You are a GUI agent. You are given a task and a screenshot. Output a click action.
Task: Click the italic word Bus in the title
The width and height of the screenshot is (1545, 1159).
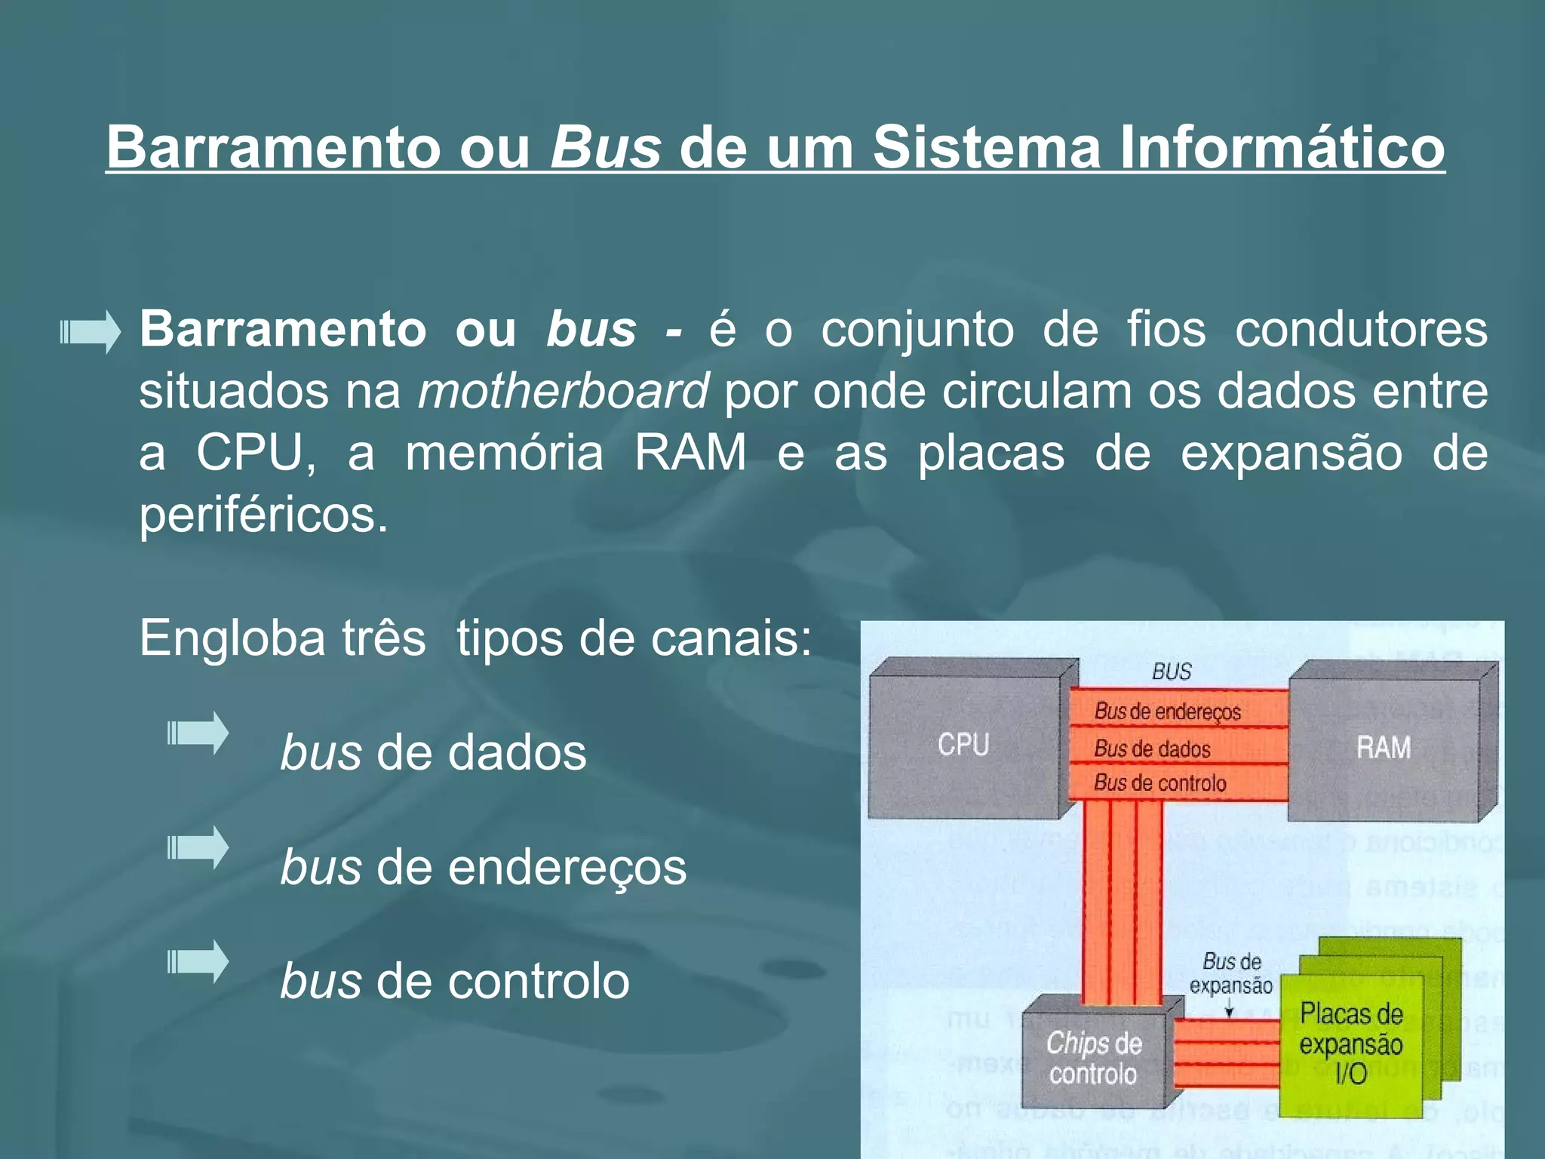tap(606, 146)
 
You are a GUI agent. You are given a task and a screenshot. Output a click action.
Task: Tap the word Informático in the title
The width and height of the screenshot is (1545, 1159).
tap(1282, 146)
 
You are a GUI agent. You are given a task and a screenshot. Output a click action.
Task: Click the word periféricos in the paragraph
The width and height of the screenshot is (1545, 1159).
tap(263, 515)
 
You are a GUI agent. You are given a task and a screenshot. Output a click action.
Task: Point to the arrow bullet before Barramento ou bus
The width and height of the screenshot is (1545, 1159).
tap(91, 331)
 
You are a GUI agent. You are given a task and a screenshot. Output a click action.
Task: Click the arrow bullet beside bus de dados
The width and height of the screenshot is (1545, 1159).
tap(198, 733)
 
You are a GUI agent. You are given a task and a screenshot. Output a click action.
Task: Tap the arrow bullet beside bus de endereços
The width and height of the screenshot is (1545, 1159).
tap(198, 847)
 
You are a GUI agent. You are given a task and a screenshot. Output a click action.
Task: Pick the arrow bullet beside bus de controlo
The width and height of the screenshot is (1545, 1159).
tap(198, 961)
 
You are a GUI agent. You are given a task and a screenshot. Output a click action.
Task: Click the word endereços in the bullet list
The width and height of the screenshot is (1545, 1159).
tap(567, 867)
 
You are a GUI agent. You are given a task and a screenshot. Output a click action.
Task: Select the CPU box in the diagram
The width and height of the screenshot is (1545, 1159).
tap(964, 745)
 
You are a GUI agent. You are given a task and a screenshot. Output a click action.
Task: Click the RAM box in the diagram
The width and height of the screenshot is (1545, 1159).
tap(1383, 747)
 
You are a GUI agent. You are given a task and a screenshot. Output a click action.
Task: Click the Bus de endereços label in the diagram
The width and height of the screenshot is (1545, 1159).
tap(1167, 711)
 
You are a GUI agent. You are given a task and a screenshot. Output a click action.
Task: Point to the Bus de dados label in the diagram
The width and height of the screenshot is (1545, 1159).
tap(1152, 749)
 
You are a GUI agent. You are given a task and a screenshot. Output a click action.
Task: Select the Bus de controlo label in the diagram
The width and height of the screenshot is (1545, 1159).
tap(1160, 783)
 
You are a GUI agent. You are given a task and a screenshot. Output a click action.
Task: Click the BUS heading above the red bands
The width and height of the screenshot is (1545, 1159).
tap(1172, 672)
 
